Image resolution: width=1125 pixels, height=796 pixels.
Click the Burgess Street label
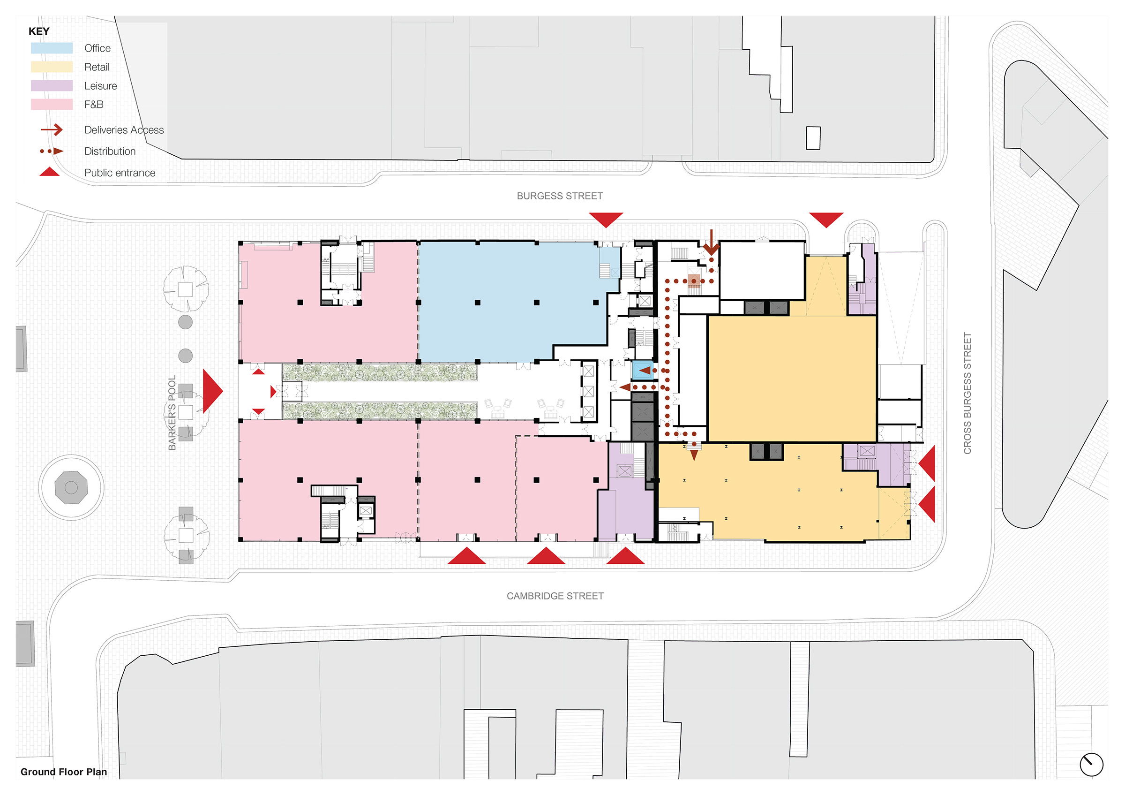560,196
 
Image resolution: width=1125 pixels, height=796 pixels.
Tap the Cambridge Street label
555,596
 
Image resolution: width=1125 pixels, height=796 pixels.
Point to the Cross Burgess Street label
967,394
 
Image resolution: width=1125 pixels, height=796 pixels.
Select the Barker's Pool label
172,413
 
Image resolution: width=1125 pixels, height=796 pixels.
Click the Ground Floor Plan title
64,772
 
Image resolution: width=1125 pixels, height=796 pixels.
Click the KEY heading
39,31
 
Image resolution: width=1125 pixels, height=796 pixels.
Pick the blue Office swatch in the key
52,48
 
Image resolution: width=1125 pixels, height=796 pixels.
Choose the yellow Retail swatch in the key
52,67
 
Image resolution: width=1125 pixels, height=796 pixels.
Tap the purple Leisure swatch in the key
52,86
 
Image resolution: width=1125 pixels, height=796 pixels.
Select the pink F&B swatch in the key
52,105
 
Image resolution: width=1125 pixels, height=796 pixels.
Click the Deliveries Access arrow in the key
52,129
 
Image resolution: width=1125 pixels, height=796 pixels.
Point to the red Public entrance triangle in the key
50,172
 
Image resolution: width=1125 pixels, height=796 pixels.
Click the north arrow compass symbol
1091,765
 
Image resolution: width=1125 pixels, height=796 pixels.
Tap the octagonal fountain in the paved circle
71,487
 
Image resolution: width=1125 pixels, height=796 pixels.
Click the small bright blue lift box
643,370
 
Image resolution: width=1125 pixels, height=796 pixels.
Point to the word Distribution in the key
110,152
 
